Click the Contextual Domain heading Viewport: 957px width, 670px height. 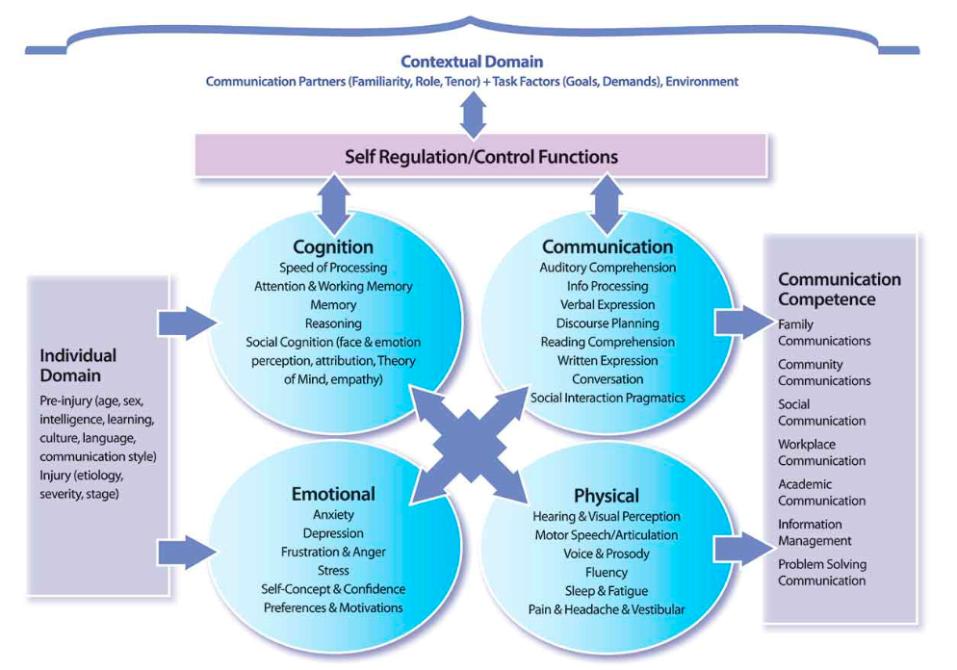point(472,62)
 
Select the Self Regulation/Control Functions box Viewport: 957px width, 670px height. point(481,156)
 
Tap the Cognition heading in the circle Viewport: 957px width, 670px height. point(333,246)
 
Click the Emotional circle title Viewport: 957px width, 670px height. point(333,494)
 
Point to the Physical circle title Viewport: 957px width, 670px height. point(607,496)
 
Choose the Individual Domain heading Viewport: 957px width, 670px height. point(78,365)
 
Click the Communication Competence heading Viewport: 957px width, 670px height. point(840,289)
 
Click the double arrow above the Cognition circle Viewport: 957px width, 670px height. point(334,204)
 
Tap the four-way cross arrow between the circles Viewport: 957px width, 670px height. point(469,445)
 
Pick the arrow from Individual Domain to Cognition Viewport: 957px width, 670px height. point(188,322)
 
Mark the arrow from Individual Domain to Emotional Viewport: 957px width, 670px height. point(188,553)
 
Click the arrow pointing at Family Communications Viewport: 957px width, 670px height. point(744,322)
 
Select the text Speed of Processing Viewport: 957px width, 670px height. point(333,268)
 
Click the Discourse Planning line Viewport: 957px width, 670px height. point(608,323)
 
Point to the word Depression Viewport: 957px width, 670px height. point(333,533)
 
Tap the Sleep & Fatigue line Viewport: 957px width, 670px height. point(607,591)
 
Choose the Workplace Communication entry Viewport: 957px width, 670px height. point(821,452)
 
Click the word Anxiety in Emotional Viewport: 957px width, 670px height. point(333,514)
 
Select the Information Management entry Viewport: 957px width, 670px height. point(815,532)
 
